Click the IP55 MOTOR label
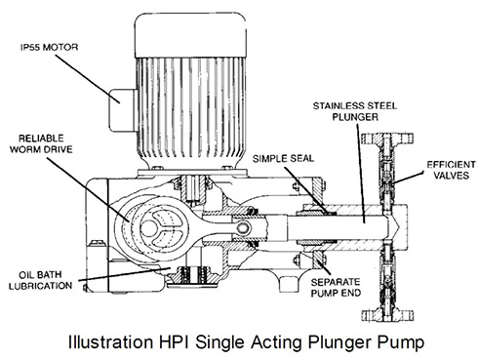tap(48, 46)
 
